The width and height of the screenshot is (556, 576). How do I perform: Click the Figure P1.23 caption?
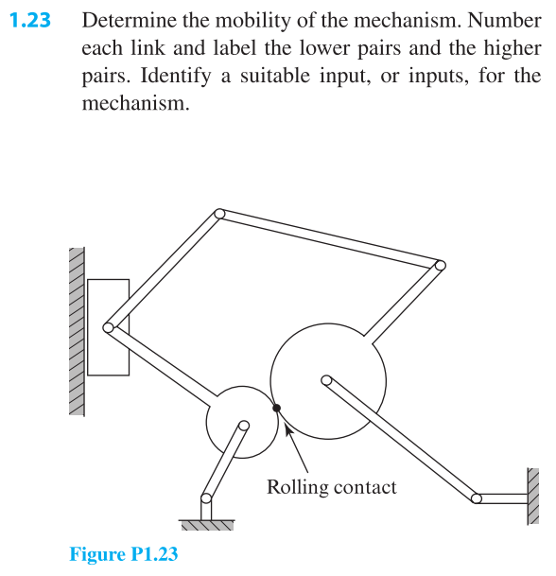(x=123, y=553)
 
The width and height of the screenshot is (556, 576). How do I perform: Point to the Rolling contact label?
(x=331, y=487)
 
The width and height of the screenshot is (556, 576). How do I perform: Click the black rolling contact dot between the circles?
(x=276, y=408)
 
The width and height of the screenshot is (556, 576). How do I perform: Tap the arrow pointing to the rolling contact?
(x=295, y=445)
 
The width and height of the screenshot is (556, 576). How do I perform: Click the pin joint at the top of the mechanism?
(x=218, y=215)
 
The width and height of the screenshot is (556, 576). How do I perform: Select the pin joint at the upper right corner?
(x=438, y=266)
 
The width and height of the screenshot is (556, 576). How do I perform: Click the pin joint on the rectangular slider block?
(x=109, y=327)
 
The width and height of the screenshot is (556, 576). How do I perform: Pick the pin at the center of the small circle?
(x=244, y=426)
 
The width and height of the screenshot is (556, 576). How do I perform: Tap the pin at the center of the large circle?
(x=326, y=380)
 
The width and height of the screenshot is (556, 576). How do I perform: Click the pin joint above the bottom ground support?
(x=204, y=497)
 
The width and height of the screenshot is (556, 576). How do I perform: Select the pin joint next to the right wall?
(x=477, y=497)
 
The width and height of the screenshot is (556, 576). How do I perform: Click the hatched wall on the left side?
(x=77, y=331)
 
